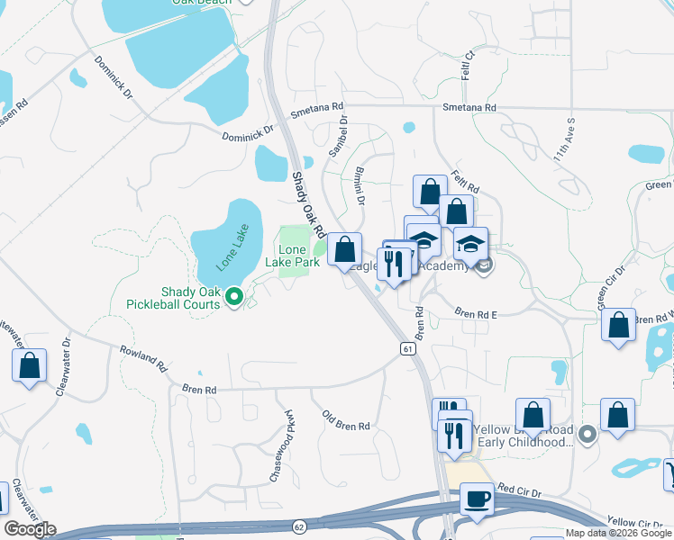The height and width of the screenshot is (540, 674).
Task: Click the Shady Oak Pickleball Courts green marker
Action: coord(234,295)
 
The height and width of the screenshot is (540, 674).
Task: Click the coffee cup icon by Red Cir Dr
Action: coord(476,499)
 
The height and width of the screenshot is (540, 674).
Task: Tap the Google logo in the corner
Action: coord(30,529)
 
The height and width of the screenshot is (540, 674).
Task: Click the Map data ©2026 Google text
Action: coord(617,533)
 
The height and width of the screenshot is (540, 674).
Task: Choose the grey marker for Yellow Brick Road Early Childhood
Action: coord(587,436)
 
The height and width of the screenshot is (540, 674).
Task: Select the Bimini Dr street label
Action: coord(359,184)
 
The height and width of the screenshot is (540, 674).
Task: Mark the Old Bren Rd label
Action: coord(346,420)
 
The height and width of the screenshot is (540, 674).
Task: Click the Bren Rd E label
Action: coord(476,314)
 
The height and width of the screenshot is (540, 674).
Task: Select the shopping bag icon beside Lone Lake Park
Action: coord(344,249)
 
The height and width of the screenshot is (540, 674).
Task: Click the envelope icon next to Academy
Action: coord(483,265)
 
